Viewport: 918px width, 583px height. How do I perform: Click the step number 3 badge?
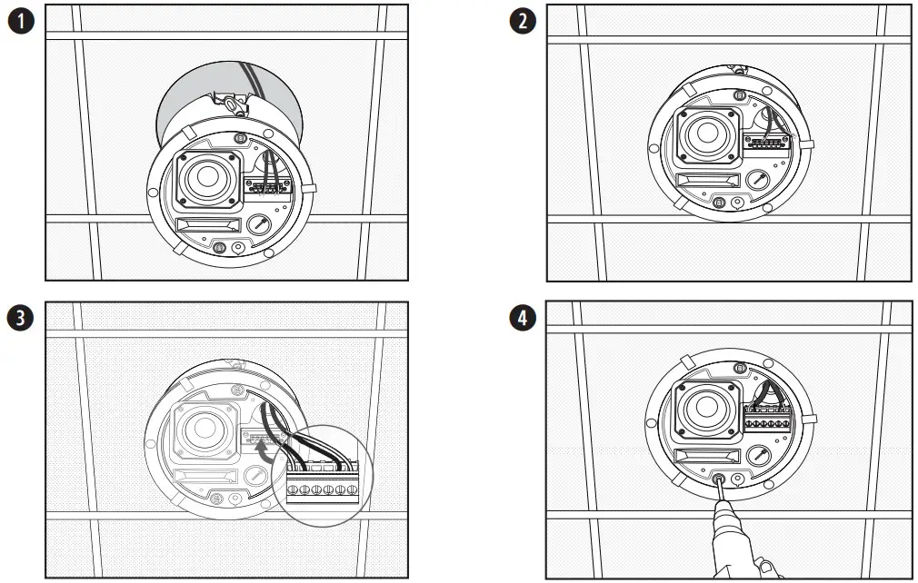(19, 319)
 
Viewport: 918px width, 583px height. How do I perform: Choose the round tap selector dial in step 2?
(759, 181)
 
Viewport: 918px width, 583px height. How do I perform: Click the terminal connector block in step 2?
(766, 142)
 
